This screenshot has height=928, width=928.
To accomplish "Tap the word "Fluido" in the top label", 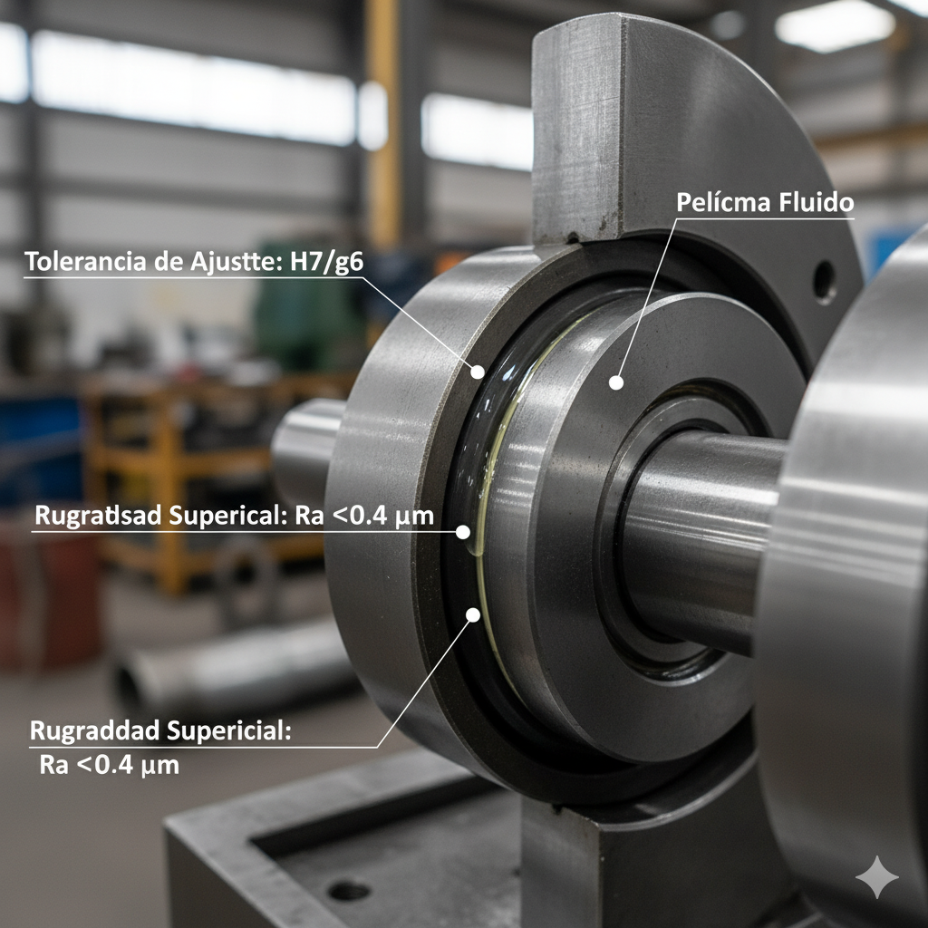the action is click(817, 202).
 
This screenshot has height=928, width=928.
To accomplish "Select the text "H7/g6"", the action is click(326, 262).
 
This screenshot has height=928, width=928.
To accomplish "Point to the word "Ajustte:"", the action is click(237, 262).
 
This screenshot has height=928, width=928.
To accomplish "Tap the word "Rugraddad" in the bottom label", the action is click(94, 730).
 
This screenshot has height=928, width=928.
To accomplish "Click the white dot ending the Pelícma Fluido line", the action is click(616, 383).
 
